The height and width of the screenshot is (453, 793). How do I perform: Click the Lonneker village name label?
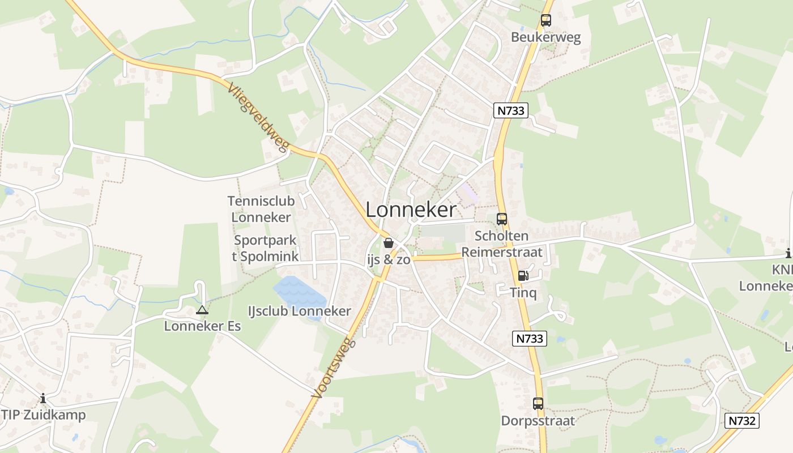click(411, 210)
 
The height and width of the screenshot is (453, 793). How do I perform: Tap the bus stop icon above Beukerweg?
click(545, 20)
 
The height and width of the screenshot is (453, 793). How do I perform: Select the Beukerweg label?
click(545, 37)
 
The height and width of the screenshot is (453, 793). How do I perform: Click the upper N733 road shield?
click(510, 110)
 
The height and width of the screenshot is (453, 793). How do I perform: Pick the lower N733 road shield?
click(530, 339)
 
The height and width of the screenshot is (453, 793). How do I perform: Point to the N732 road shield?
click(741, 421)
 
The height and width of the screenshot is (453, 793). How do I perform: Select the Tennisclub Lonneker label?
click(261, 209)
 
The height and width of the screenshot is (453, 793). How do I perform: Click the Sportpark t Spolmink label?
click(265, 248)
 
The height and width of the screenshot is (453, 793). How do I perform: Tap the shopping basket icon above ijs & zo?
click(389, 243)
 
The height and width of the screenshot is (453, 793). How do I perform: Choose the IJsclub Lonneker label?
click(300, 311)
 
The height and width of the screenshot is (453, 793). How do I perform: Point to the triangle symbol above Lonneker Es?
click(202, 310)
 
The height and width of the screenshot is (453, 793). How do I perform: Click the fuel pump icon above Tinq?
click(523, 276)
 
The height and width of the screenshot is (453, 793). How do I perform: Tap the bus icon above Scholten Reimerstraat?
click(501, 219)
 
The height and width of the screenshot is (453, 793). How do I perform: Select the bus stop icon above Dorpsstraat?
click(538, 404)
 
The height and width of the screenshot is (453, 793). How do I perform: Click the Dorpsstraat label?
click(538, 421)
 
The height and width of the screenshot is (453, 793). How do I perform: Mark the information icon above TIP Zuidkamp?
click(43, 399)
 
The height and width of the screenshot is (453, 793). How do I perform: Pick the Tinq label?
click(523, 293)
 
